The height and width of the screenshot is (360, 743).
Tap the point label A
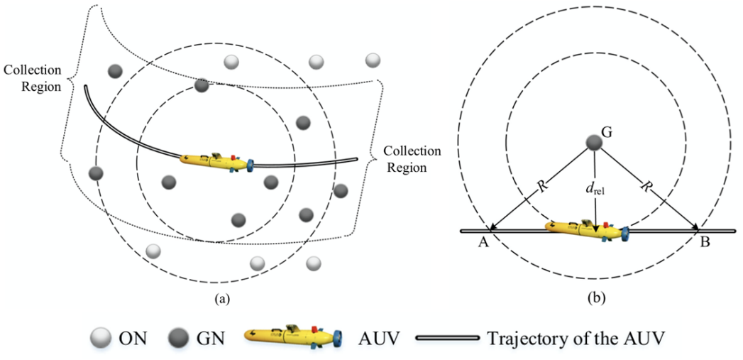(x=483, y=243)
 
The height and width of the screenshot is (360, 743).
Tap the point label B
(x=705, y=243)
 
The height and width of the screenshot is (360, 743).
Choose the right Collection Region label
(x=412, y=160)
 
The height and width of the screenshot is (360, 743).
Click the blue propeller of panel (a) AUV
(x=250, y=166)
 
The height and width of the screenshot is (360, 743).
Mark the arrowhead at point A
(x=492, y=228)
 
